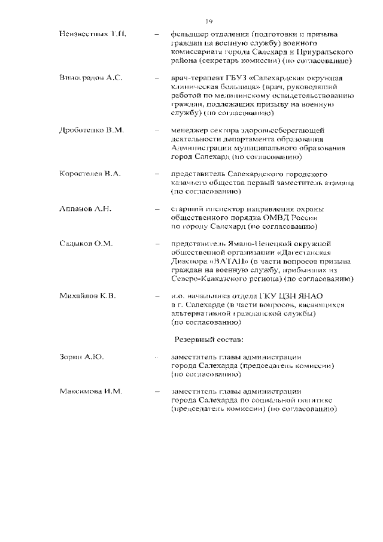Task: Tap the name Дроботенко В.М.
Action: [92, 131]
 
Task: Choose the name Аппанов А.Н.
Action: [86, 209]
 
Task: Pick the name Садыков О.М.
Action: [86, 244]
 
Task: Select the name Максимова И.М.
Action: [91, 392]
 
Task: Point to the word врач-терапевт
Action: [197, 79]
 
